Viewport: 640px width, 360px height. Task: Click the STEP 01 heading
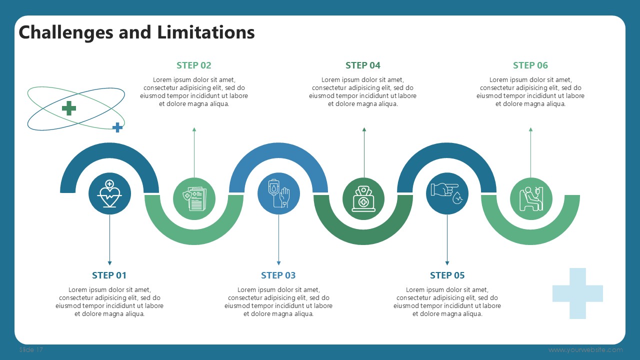tap(109, 275)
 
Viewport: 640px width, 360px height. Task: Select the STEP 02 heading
tap(194, 65)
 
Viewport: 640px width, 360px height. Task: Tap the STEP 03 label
tap(278, 275)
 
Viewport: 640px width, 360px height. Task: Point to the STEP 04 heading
tap(363, 65)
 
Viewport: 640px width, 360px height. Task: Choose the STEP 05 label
tap(447, 275)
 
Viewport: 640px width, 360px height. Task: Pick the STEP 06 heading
tap(530, 65)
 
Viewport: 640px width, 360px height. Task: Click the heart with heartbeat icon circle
tap(109, 193)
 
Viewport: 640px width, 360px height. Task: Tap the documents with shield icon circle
tap(194, 198)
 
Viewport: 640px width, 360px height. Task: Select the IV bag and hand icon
tap(278, 193)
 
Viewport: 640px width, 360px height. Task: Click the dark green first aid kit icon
tap(363, 198)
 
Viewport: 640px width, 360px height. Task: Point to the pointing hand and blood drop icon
tap(447, 193)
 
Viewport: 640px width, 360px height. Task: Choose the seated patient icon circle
tap(531, 198)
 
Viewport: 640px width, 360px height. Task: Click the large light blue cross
tap(577, 293)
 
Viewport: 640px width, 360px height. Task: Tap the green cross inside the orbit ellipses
tap(69, 108)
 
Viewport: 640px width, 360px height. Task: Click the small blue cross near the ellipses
tap(117, 127)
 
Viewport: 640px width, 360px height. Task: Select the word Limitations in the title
tap(206, 32)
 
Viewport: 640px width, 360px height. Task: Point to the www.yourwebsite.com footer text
tap(585, 350)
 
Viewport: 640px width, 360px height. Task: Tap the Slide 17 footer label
tap(31, 350)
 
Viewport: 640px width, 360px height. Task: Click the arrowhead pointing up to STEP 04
tap(364, 129)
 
